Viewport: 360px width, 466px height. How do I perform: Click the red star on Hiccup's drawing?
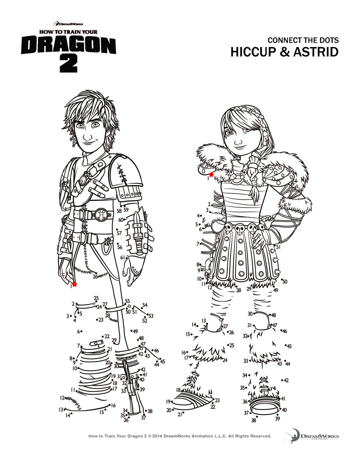75,285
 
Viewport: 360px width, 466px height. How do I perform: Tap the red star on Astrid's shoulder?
211,174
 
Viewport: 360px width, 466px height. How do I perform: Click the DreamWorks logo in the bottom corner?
312,437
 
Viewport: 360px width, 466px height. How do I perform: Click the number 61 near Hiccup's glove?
122,258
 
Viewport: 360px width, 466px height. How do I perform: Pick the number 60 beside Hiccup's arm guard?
121,220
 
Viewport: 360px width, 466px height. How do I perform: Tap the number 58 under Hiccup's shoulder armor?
119,211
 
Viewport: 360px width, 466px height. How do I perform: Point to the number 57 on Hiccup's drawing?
119,233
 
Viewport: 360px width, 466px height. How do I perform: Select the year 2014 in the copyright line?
157,436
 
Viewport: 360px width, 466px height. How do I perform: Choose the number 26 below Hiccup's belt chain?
95,276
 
